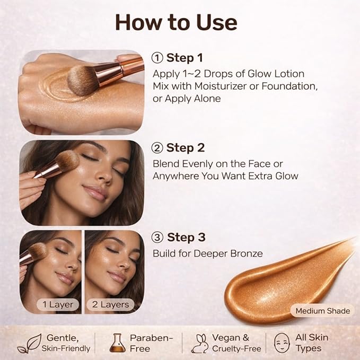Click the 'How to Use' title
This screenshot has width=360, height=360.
pyautogui.click(x=176, y=22)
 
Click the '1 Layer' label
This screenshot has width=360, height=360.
pyautogui.click(x=58, y=304)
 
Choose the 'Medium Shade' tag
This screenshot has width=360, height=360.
pyautogui.click(x=322, y=311)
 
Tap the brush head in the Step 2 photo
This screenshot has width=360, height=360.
pyautogui.click(x=64, y=162)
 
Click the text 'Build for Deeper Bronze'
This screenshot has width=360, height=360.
pyautogui.click(x=207, y=253)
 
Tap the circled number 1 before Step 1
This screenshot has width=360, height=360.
pyautogui.click(x=157, y=58)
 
